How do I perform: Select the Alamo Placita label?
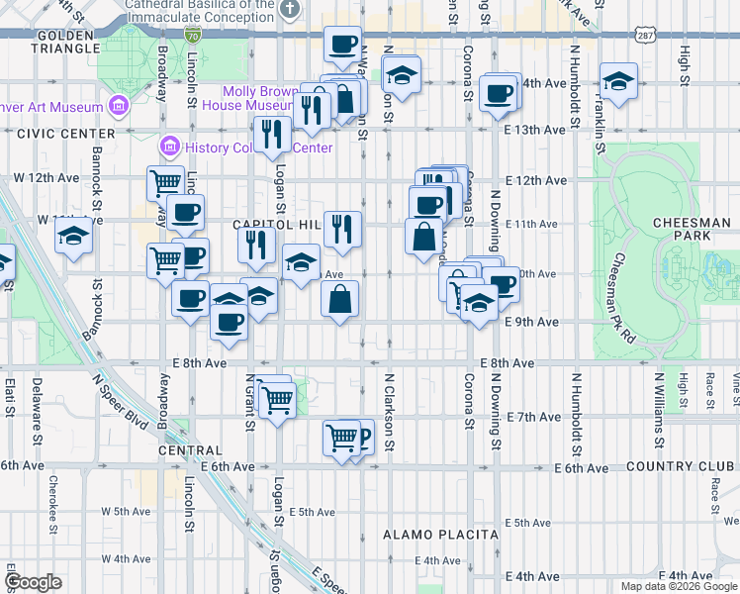pyautogui.click(x=440, y=535)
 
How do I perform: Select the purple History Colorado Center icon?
pyautogui.click(x=169, y=148)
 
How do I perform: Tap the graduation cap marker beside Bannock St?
pyautogui.click(x=73, y=236)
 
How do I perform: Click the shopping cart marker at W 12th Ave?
pyautogui.click(x=165, y=181)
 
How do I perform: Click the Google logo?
pyautogui.click(x=33, y=582)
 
